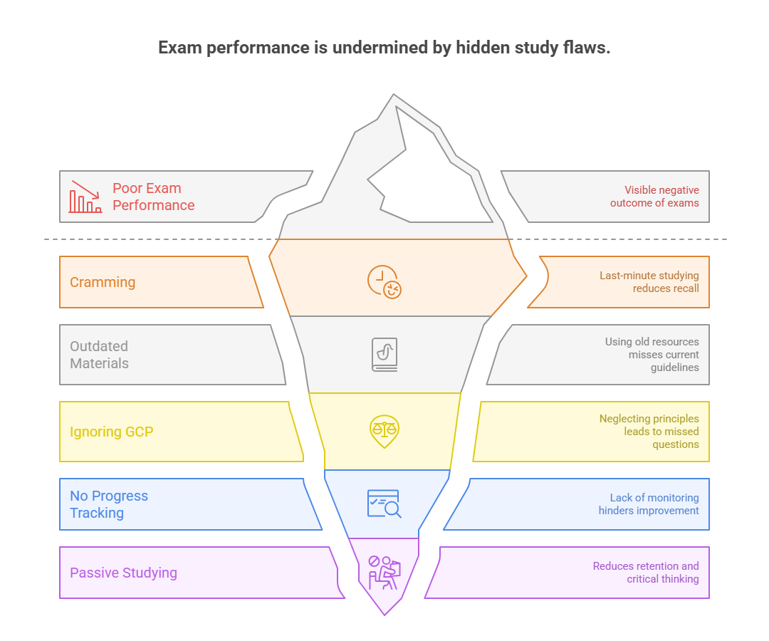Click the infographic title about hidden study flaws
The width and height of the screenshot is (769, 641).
tap(384, 48)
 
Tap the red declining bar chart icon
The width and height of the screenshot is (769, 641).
tap(85, 197)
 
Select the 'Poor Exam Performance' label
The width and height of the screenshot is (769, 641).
tap(153, 197)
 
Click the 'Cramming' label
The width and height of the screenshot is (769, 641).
tap(103, 282)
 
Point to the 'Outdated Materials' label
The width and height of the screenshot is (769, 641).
tap(99, 355)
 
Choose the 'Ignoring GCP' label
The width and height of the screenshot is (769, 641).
tap(111, 432)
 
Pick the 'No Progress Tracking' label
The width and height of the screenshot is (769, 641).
tap(108, 504)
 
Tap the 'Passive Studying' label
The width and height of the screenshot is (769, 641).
tap(123, 573)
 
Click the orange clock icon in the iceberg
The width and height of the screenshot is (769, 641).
tap(384, 281)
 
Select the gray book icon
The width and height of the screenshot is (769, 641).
tap(384, 354)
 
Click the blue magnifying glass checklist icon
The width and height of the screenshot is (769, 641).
tap(384, 504)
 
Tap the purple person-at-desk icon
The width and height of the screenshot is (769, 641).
tap(384, 572)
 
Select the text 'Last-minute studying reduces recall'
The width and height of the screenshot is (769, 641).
tap(649, 282)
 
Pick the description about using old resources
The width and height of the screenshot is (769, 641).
tap(652, 355)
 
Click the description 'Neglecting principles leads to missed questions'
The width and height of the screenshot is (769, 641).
tap(649, 432)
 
